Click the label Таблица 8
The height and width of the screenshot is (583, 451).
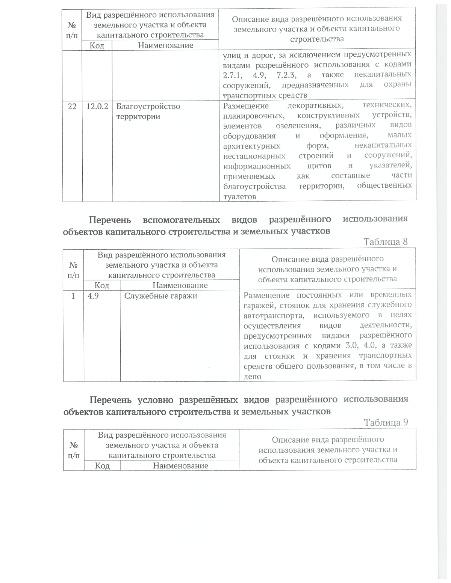386,241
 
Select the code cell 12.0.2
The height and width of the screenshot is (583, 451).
97,106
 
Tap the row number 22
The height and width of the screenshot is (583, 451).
72,106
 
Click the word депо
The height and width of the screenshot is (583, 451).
253,376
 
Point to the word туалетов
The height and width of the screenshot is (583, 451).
240,196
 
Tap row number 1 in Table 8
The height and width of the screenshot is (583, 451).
73,296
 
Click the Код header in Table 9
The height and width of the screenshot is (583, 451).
102,465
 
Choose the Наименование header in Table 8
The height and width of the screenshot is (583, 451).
180,285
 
